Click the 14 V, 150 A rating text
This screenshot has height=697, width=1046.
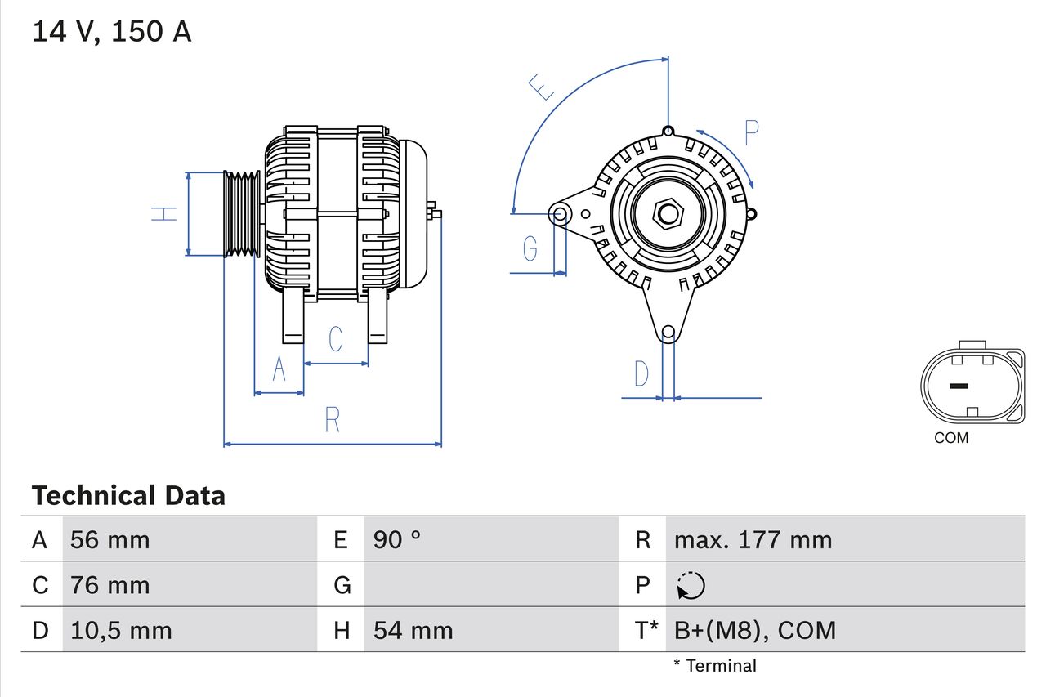click(x=112, y=32)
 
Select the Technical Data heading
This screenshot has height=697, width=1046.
click(x=128, y=495)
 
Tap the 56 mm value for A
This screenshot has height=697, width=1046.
click(x=110, y=539)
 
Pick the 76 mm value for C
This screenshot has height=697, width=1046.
click(x=110, y=585)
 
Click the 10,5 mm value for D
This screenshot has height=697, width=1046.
click(x=121, y=630)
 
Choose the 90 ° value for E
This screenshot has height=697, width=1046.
click(x=397, y=539)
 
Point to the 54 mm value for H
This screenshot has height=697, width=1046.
click(x=413, y=630)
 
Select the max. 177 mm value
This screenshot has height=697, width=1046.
click(x=753, y=539)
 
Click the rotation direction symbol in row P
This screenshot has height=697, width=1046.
click(x=691, y=585)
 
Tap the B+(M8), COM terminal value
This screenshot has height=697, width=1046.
click(x=755, y=630)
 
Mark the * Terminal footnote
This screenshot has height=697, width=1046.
click(x=715, y=666)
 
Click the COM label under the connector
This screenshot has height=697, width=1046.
click(x=951, y=438)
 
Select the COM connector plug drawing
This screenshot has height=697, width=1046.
click(x=972, y=386)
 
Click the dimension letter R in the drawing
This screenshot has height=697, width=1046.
click(x=332, y=420)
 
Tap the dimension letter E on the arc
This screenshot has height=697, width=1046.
click(x=541, y=87)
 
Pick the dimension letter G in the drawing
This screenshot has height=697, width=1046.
click(x=530, y=247)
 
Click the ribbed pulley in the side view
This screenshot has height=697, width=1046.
click(x=243, y=214)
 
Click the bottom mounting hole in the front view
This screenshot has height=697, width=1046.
click(x=668, y=332)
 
